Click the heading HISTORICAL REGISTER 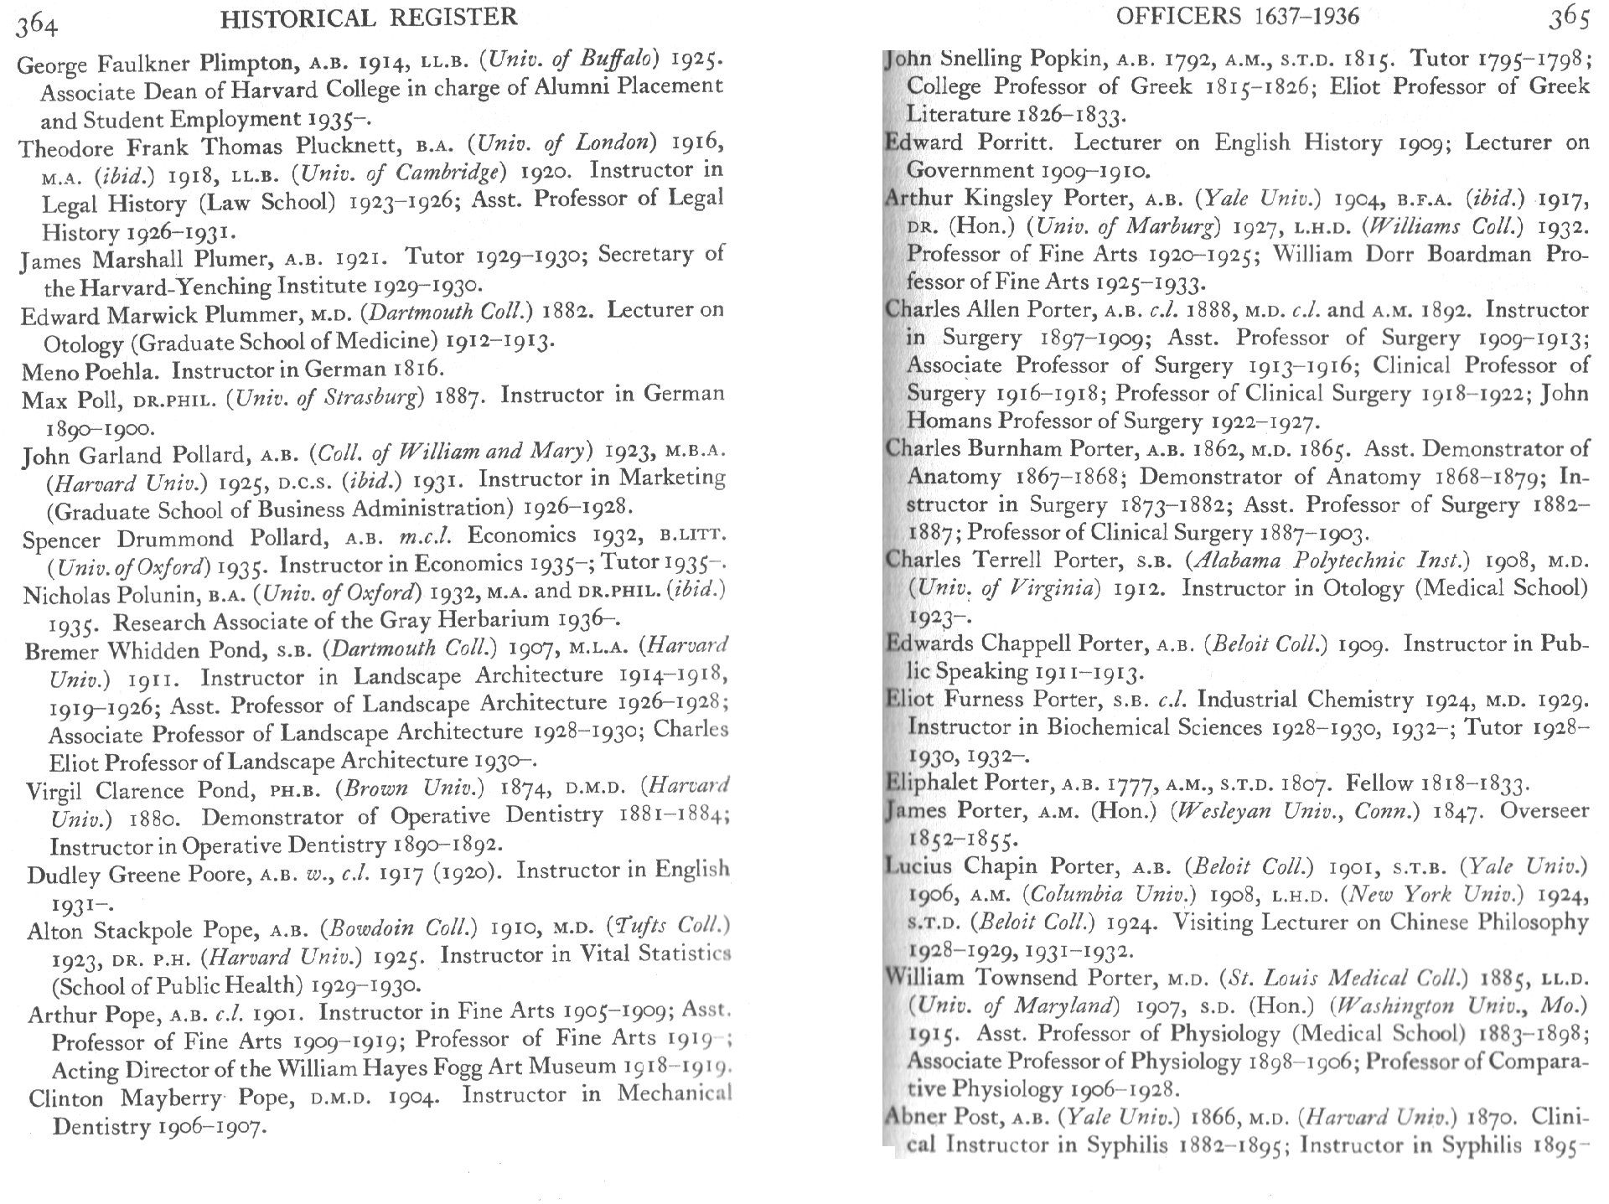click(369, 17)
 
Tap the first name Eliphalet click(931, 783)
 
